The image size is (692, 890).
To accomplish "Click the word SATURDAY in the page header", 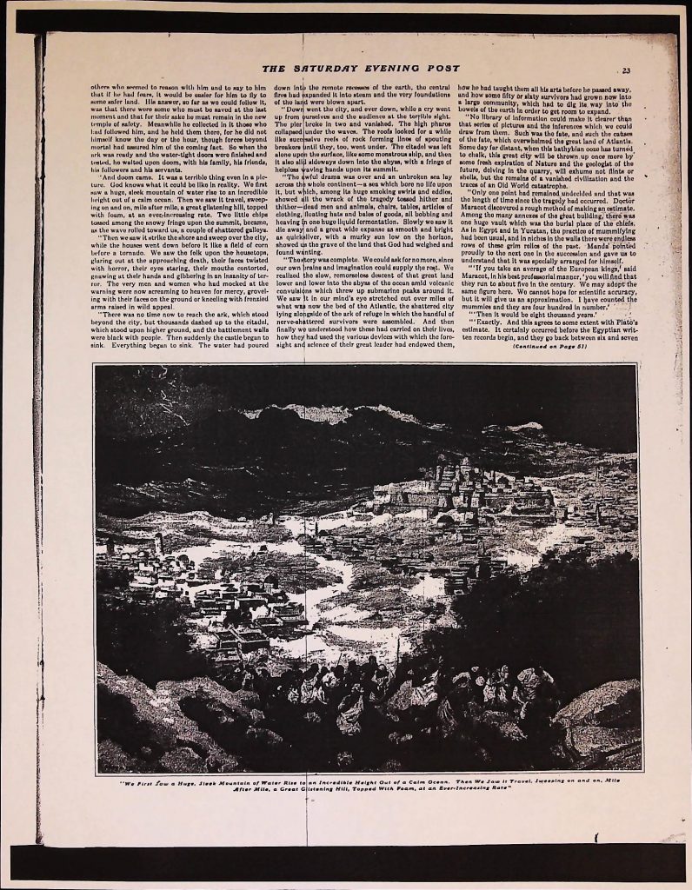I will pos(329,70).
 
